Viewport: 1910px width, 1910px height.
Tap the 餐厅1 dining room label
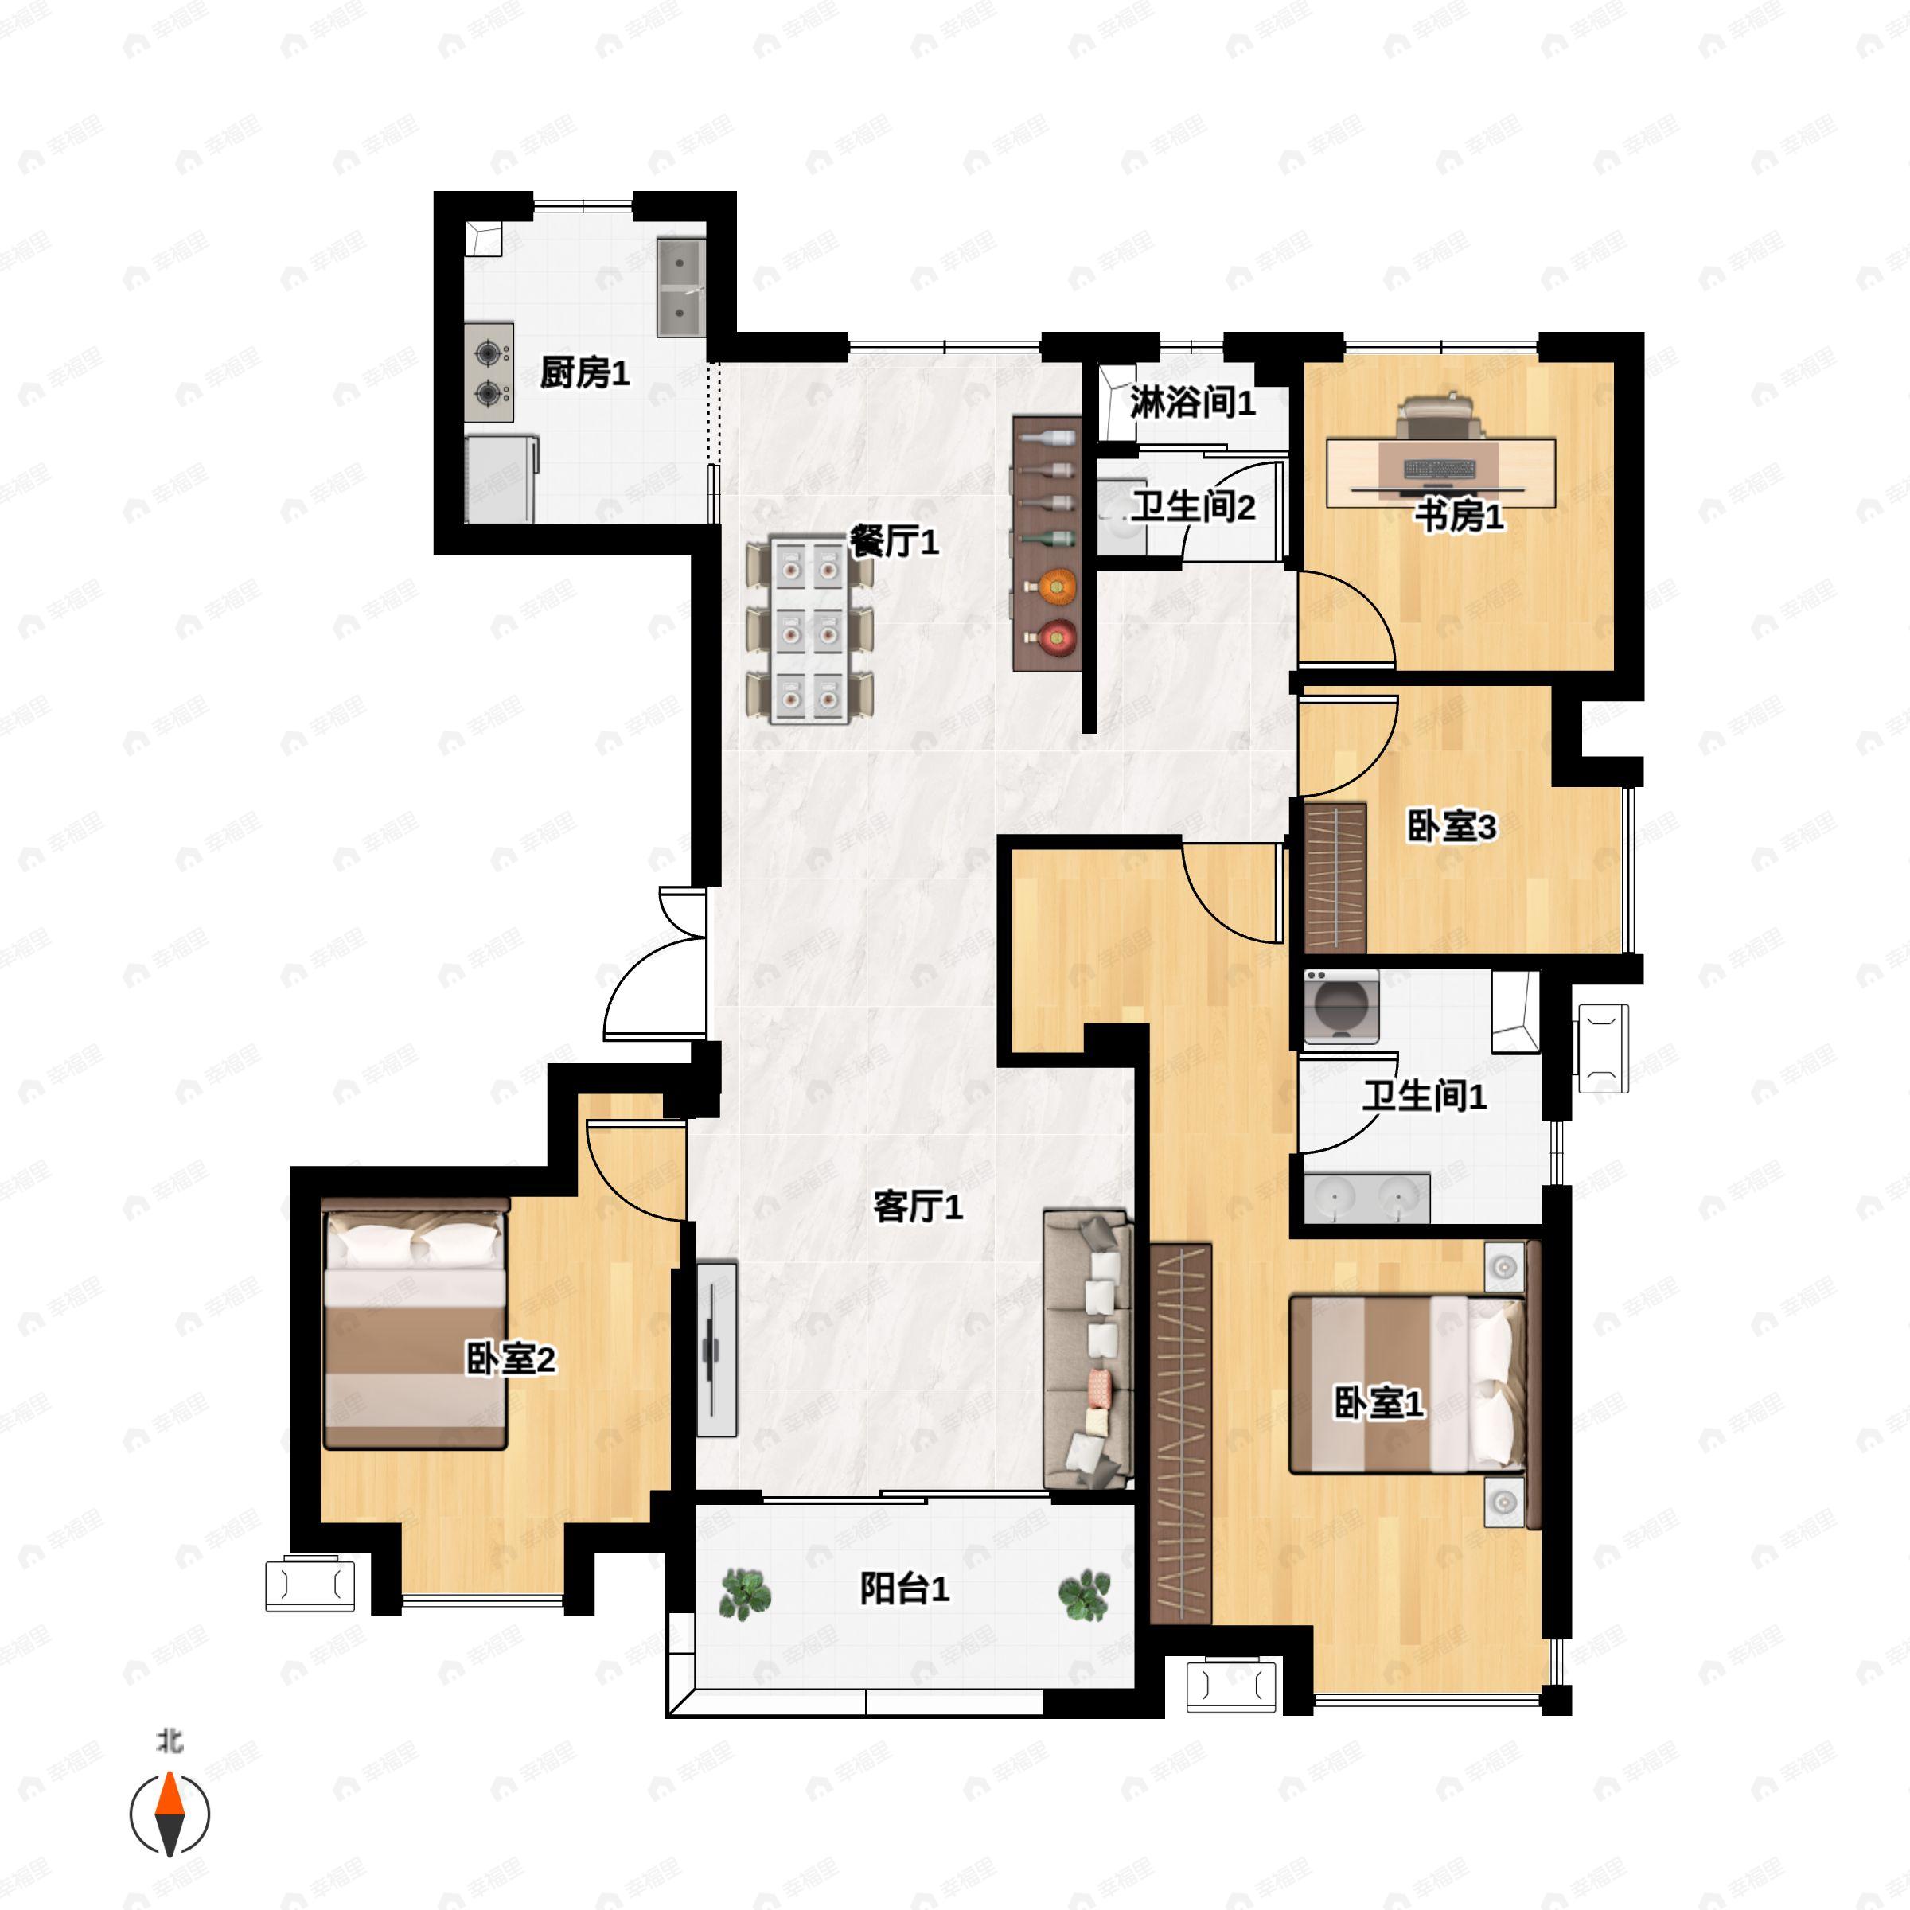click(894, 541)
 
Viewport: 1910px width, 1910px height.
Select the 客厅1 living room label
click(918, 1206)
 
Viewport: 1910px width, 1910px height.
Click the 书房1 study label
click(1460, 515)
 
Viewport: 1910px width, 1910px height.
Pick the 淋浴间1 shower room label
click(1192, 403)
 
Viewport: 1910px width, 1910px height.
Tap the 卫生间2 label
click(1193, 507)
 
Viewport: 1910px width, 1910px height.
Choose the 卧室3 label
click(1452, 827)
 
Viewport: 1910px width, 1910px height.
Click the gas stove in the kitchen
click(489, 372)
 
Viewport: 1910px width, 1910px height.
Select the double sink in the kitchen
click(681, 286)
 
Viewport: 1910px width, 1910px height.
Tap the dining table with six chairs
click(809, 630)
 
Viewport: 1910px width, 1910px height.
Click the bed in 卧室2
click(415, 1325)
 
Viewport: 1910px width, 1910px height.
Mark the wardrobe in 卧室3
click(1335, 878)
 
